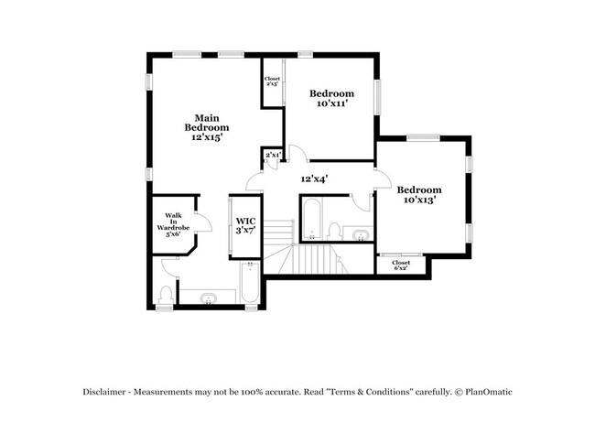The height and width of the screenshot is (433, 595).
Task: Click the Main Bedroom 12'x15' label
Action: point(207,127)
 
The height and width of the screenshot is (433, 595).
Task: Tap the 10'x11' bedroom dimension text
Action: point(332,103)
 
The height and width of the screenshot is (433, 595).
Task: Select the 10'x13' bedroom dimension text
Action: point(419,200)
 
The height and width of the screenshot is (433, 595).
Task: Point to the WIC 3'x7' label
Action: point(245,225)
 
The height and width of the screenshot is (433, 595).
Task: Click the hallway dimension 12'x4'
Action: point(314,179)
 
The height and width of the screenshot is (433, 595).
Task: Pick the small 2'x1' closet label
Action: point(273,155)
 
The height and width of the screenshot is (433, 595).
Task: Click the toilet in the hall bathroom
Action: point(334,231)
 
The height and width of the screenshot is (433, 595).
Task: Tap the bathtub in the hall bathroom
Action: point(312,220)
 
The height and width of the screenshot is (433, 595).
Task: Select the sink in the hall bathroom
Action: point(361,235)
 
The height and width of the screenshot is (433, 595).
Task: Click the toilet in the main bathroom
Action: point(166,295)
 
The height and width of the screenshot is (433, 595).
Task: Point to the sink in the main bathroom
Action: point(209,298)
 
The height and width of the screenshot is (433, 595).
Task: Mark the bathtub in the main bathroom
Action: point(250,283)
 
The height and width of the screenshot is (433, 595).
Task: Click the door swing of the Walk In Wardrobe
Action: point(204,222)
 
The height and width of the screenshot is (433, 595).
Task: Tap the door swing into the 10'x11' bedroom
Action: point(298,153)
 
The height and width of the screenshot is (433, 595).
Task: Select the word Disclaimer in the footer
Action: point(104,392)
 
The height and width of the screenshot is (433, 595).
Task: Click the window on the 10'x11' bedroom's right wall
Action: point(377,97)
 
